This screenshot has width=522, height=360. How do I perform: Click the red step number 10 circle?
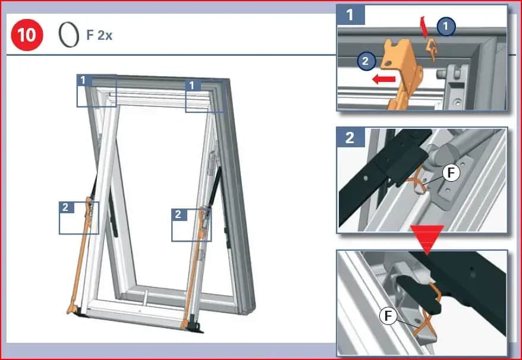27,35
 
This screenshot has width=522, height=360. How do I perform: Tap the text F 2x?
99,35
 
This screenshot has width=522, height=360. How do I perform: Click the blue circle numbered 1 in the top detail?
446,26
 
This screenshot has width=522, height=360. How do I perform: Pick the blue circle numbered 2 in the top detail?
366,61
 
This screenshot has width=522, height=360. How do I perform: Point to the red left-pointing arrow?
383,79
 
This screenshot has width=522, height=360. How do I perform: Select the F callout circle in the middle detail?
451,173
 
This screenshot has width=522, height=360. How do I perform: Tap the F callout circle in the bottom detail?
388,315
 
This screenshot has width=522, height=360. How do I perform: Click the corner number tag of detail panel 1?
350,15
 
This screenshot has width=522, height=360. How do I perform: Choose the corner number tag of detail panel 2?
350,137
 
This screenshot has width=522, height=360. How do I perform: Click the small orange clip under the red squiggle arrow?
432,49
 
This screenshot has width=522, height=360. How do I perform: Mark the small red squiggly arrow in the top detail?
424,27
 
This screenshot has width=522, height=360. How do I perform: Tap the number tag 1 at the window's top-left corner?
83,81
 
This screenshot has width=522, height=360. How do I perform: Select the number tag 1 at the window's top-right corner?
193,86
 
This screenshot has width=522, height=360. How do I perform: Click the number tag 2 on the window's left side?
66,207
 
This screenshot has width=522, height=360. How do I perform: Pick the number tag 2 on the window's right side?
179,214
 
